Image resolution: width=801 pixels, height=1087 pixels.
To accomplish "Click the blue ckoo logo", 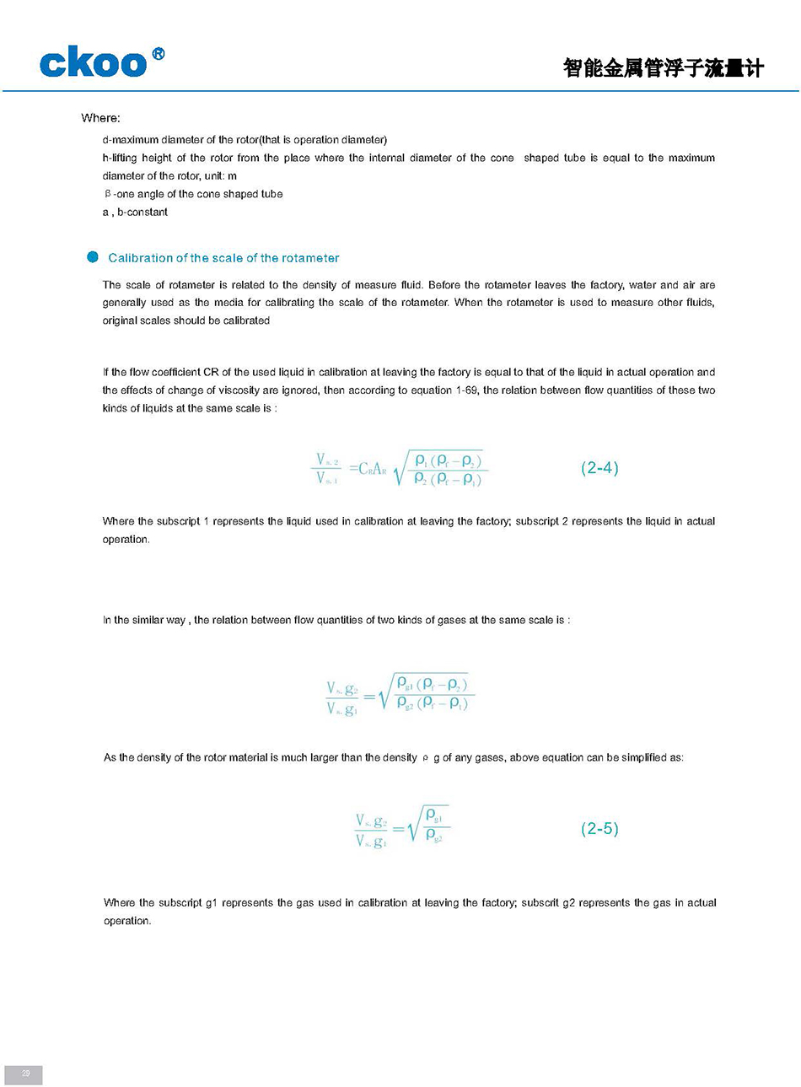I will pos(93,64).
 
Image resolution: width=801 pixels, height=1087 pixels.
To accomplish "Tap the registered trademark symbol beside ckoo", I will pos(158,55).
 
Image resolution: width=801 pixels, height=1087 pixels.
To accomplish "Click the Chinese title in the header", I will pos(663,68).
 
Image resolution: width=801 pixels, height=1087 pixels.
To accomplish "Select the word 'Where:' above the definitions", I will pos(100,118).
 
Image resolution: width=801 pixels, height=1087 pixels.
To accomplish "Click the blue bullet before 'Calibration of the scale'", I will pos(93,257).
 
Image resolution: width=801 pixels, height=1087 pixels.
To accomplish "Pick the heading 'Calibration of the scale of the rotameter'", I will pos(223,258).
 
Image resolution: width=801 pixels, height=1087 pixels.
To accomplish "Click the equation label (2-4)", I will pos(599,468).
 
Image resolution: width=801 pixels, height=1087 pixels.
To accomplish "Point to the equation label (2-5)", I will pos(599,829).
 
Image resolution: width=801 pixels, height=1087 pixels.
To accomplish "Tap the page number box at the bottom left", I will pos(24,1074).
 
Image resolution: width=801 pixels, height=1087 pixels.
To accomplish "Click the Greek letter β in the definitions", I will pos(108,194).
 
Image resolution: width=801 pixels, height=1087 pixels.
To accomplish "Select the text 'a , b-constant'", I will pos(135,213).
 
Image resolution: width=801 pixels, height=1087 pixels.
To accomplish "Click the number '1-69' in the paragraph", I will pos(465,390).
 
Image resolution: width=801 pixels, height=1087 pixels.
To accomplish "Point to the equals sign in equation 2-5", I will pos(398,830).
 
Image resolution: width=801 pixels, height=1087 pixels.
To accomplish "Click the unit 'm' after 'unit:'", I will pos(232,176).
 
